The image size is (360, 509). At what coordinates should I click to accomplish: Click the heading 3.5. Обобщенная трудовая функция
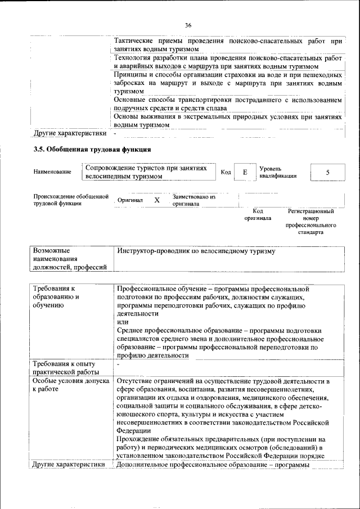tap(92, 150)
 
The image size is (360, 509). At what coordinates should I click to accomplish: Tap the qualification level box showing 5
tap(327, 172)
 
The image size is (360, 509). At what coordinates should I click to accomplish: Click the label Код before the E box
tap(226, 172)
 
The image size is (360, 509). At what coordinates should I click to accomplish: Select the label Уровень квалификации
tap(278, 172)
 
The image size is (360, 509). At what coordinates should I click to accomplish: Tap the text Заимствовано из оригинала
tap(194, 200)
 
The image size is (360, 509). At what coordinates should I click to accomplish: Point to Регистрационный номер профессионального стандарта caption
tap(310, 221)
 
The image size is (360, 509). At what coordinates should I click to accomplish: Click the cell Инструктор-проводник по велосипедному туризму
tap(197, 251)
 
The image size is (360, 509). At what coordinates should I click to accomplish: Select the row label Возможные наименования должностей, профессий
tap(69, 259)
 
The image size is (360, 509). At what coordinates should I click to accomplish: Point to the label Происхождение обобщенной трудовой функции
tap(70, 200)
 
